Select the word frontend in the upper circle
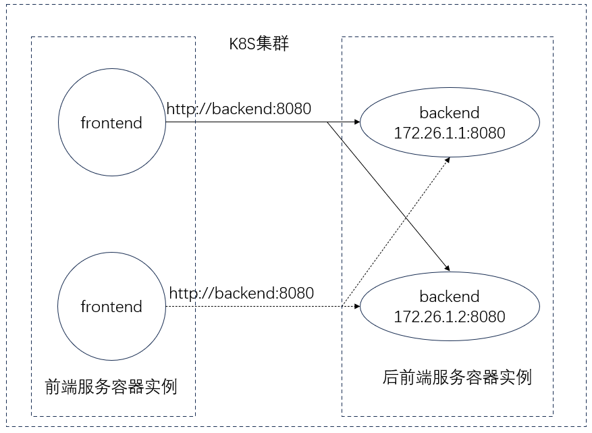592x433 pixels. (111, 123)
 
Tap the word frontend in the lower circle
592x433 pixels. (111, 307)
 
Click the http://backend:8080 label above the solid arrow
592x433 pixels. (239, 108)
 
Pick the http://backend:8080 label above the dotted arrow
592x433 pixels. (241, 293)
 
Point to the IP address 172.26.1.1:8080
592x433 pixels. (449, 133)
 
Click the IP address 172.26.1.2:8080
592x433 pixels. (449, 316)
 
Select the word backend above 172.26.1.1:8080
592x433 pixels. (449, 112)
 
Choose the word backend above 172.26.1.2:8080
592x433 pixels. (449, 296)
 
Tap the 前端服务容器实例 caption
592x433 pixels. (111, 387)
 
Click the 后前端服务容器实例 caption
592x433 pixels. (456, 377)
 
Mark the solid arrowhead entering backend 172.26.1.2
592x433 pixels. (446, 269)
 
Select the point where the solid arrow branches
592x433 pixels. (327, 123)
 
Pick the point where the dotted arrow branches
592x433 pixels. (343, 306)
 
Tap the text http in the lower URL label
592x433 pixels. (184, 293)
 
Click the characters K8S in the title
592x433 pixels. (242, 45)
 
